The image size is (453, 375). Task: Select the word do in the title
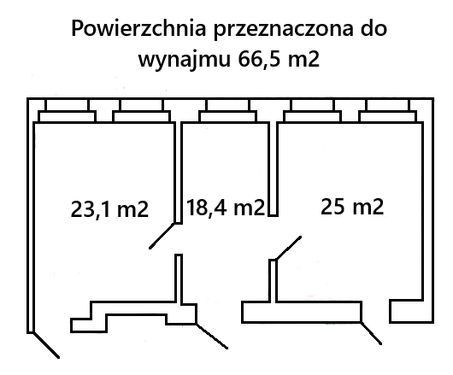click(x=374, y=28)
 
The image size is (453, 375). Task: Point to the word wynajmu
click(x=185, y=59)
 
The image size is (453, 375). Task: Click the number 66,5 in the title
click(x=260, y=59)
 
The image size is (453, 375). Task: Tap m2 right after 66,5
click(x=303, y=60)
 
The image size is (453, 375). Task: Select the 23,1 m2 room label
click(x=109, y=209)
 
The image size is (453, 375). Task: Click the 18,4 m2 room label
click(x=226, y=208)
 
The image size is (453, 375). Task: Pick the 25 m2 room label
click(x=352, y=207)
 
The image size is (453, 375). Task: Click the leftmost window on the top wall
click(x=67, y=111)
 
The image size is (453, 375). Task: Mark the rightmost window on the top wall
click(x=387, y=111)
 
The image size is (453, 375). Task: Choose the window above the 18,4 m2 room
click(x=227, y=111)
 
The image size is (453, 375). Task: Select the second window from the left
click(x=142, y=111)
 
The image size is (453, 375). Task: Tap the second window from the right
click(x=313, y=111)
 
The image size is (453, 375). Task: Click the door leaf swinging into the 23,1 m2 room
click(x=162, y=236)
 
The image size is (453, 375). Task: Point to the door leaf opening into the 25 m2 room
click(x=289, y=249)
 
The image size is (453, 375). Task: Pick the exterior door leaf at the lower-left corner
click(x=46, y=345)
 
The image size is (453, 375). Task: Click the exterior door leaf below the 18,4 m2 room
click(x=212, y=336)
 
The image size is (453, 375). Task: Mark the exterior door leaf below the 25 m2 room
click(x=371, y=333)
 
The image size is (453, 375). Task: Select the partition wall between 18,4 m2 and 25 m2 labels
click(x=273, y=169)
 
